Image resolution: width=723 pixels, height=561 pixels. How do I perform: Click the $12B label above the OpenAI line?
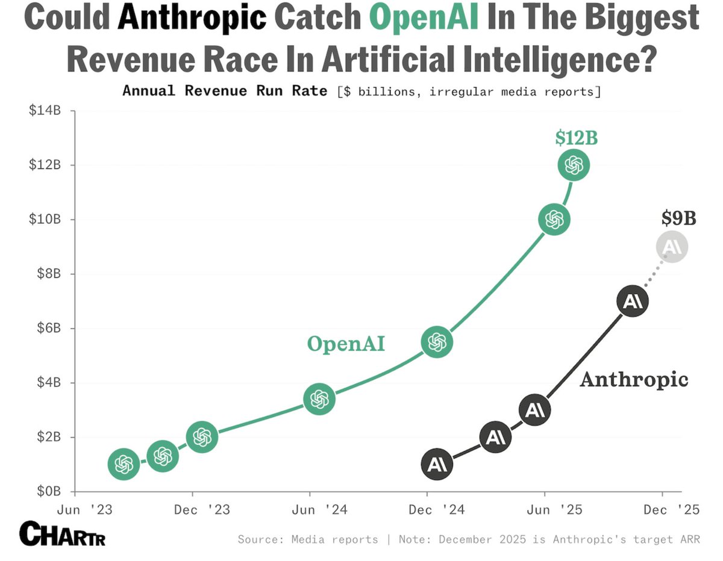[576, 138]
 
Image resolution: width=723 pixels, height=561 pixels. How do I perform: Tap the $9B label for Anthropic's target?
[678, 218]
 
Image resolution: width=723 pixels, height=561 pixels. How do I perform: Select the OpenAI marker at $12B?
[574, 165]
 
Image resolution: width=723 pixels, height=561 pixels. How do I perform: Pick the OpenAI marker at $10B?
[554, 220]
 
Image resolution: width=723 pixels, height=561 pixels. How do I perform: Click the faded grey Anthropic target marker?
[672, 247]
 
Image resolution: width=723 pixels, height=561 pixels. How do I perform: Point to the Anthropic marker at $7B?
[631, 302]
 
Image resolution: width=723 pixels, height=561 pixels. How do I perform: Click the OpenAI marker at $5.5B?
[437, 342]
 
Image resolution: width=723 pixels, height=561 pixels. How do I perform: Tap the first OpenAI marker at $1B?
[124, 463]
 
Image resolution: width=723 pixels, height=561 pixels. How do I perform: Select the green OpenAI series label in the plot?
[346, 344]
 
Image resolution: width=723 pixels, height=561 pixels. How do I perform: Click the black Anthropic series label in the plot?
[634, 380]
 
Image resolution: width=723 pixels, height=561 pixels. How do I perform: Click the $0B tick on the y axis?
[47, 491]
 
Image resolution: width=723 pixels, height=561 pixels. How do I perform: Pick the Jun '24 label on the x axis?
[310, 510]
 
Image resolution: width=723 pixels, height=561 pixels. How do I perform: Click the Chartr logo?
[62, 533]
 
